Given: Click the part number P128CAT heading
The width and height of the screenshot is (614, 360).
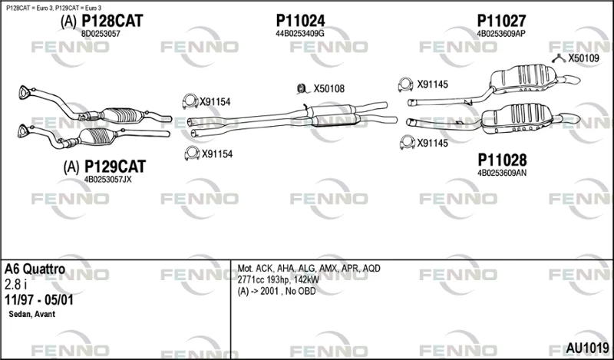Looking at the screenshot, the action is tap(112, 21).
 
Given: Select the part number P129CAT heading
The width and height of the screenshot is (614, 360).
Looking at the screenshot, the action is tap(115, 167).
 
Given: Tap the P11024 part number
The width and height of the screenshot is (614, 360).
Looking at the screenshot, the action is tap(300, 21).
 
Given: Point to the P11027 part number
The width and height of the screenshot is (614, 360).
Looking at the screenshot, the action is tap(501, 21).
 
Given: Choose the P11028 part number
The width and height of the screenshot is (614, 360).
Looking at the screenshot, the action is tap(502, 160).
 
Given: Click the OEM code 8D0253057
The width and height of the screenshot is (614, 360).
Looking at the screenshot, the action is tap(101, 34).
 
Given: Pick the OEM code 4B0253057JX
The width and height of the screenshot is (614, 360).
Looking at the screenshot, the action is tap(108, 180).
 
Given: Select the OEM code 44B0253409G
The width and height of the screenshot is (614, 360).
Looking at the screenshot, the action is tap(300, 34).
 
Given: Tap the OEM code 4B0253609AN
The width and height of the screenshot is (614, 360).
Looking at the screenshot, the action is tap(502, 173).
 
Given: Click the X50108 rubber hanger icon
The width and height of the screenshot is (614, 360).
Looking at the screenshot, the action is tap(302, 89).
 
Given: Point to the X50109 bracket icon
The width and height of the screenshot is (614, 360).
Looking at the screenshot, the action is tap(559, 59).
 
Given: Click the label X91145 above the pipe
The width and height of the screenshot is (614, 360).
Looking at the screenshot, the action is tap(432, 84).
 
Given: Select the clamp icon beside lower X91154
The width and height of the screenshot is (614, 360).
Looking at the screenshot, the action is tap(192, 153).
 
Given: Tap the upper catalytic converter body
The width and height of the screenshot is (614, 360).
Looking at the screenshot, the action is tap(122, 115).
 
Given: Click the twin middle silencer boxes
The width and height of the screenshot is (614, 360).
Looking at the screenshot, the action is tap(333, 115).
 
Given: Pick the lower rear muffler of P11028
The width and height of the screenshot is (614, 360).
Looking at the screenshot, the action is tap(517, 118).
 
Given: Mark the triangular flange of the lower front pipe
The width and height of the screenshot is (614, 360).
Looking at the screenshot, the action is tap(23, 131).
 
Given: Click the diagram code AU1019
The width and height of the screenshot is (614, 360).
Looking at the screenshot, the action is tap(587, 348).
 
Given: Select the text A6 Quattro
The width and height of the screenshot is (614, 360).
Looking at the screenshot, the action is tap(35, 269).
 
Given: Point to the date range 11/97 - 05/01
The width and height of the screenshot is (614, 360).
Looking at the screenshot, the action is tap(39, 300).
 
